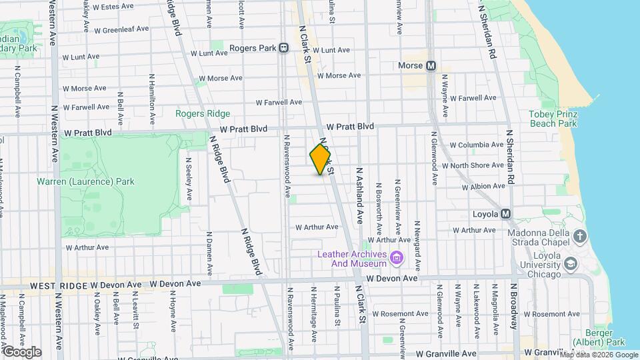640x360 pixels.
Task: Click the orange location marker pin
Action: pyautogui.click(x=321, y=159)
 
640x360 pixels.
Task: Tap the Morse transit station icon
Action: pyautogui.click(x=431, y=66)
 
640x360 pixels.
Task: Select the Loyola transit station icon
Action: pyautogui.click(x=505, y=214)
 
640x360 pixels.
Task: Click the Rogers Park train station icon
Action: pyautogui.click(x=284, y=48)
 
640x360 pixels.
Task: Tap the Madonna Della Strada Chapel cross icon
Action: pyautogui.click(x=580, y=236)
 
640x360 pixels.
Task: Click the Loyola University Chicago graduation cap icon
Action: pyautogui.click(x=571, y=264)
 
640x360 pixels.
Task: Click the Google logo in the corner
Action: pyautogui.click(x=22, y=351)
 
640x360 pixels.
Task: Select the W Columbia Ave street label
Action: pyautogui.click(x=476, y=145)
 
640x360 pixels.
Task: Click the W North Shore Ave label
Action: pyautogui.click(x=477, y=165)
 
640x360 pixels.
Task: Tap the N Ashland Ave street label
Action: pyautogui.click(x=359, y=194)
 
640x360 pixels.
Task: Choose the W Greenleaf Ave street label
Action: pyautogui.click(x=121, y=30)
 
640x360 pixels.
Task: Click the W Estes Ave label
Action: pyautogui.click(x=113, y=7)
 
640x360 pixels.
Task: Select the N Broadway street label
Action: pyautogui.click(x=513, y=305)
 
